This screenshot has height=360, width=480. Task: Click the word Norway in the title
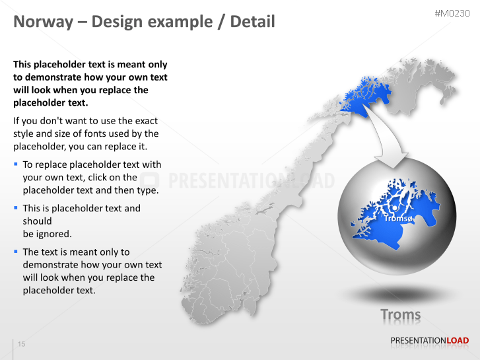click(x=40, y=22)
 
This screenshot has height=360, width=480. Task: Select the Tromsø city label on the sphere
click(x=398, y=218)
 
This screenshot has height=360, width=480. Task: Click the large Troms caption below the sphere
click(x=400, y=315)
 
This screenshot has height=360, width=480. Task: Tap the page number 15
click(x=22, y=345)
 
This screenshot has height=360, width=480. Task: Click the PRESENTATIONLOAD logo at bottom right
click(x=429, y=341)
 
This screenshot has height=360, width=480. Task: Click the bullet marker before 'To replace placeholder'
click(x=16, y=164)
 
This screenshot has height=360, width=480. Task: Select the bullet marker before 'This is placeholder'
click(x=16, y=207)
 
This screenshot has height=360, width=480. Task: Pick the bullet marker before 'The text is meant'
click(x=16, y=251)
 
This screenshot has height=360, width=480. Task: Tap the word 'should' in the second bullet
click(x=37, y=221)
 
